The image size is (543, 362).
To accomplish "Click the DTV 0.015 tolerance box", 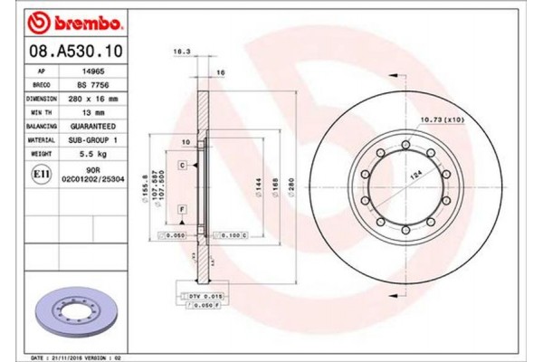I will [206, 296].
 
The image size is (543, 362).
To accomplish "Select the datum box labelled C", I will [182, 167].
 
